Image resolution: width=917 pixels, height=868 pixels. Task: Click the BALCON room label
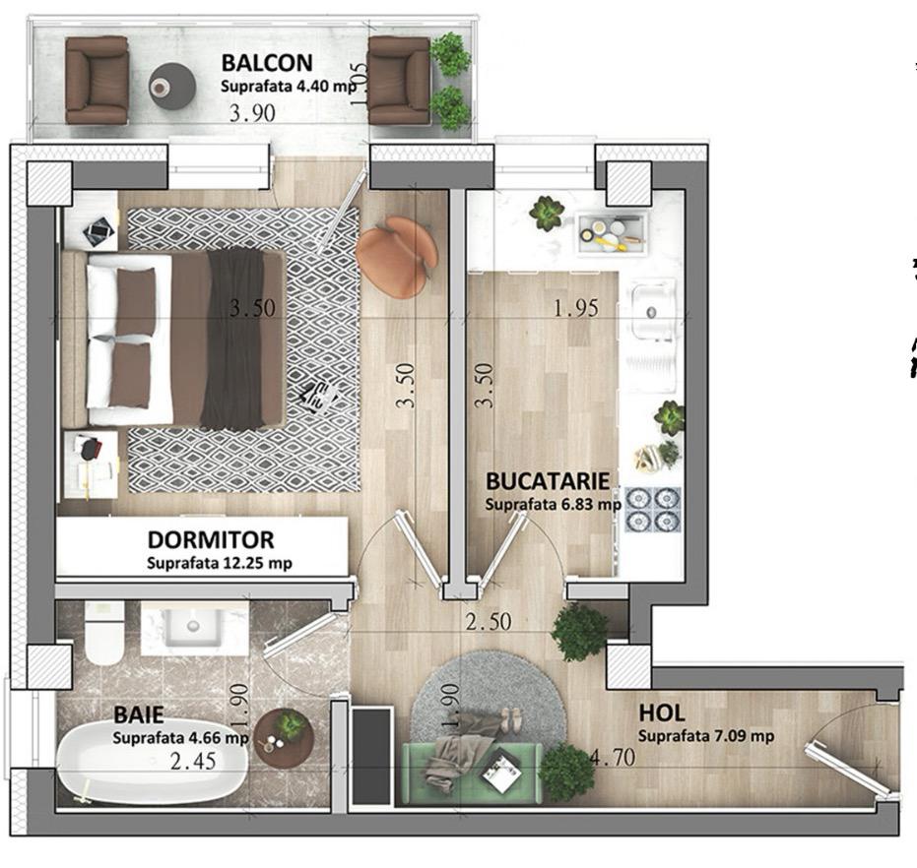coord(267,63)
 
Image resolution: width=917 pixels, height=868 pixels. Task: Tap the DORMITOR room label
coord(211,539)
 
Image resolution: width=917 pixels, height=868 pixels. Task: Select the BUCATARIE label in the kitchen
coord(548,481)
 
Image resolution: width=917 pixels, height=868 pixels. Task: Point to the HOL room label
coord(662,713)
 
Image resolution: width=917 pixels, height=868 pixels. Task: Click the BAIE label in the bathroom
coord(139,714)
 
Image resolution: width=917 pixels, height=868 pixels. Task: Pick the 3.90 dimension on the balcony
coord(252,113)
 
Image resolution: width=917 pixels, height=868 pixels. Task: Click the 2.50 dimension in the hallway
coord(489,621)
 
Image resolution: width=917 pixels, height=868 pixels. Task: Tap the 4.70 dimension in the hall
coord(613,758)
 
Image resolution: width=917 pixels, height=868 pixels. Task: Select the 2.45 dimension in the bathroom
coord(193,761)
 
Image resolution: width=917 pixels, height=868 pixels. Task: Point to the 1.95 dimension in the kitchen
coord(576,308)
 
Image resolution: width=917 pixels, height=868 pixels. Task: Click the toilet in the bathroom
coord(104,634)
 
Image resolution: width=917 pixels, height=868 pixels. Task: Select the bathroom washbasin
coord(193,627)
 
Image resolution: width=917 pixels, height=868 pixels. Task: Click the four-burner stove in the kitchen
coord(653,509)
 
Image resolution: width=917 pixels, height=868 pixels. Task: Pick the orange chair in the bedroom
coord(398,256)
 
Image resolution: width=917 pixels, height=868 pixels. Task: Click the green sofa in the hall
coord(473,773)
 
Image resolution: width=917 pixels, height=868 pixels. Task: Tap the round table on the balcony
coord(171,86)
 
